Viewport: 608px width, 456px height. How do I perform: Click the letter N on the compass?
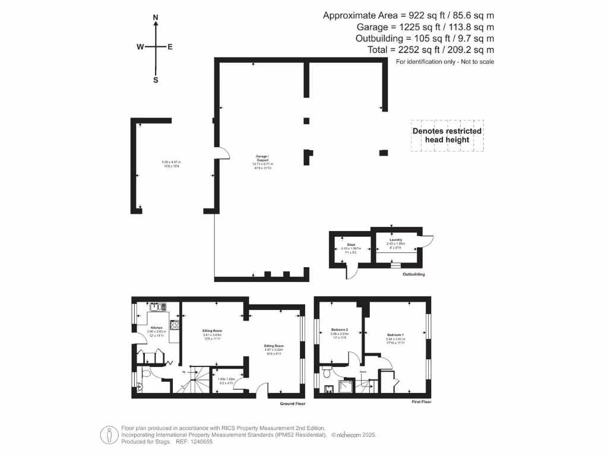[x=156, y=18]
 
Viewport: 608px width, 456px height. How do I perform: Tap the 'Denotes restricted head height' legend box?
[x=447, y=135]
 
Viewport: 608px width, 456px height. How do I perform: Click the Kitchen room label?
[x=156, y=328]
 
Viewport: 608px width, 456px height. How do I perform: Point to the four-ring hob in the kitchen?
[x=175, y=325]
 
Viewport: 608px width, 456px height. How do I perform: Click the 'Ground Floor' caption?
[x=292, y=404]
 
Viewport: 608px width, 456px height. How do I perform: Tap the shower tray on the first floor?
[x=345, y=388]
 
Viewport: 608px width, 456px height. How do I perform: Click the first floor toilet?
[x=327, y=375]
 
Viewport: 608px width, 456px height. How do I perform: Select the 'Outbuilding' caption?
[x=413, y=275]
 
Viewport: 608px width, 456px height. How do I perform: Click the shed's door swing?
[x=351, y=271]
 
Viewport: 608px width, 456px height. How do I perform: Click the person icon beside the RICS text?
[x=109, y=435]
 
